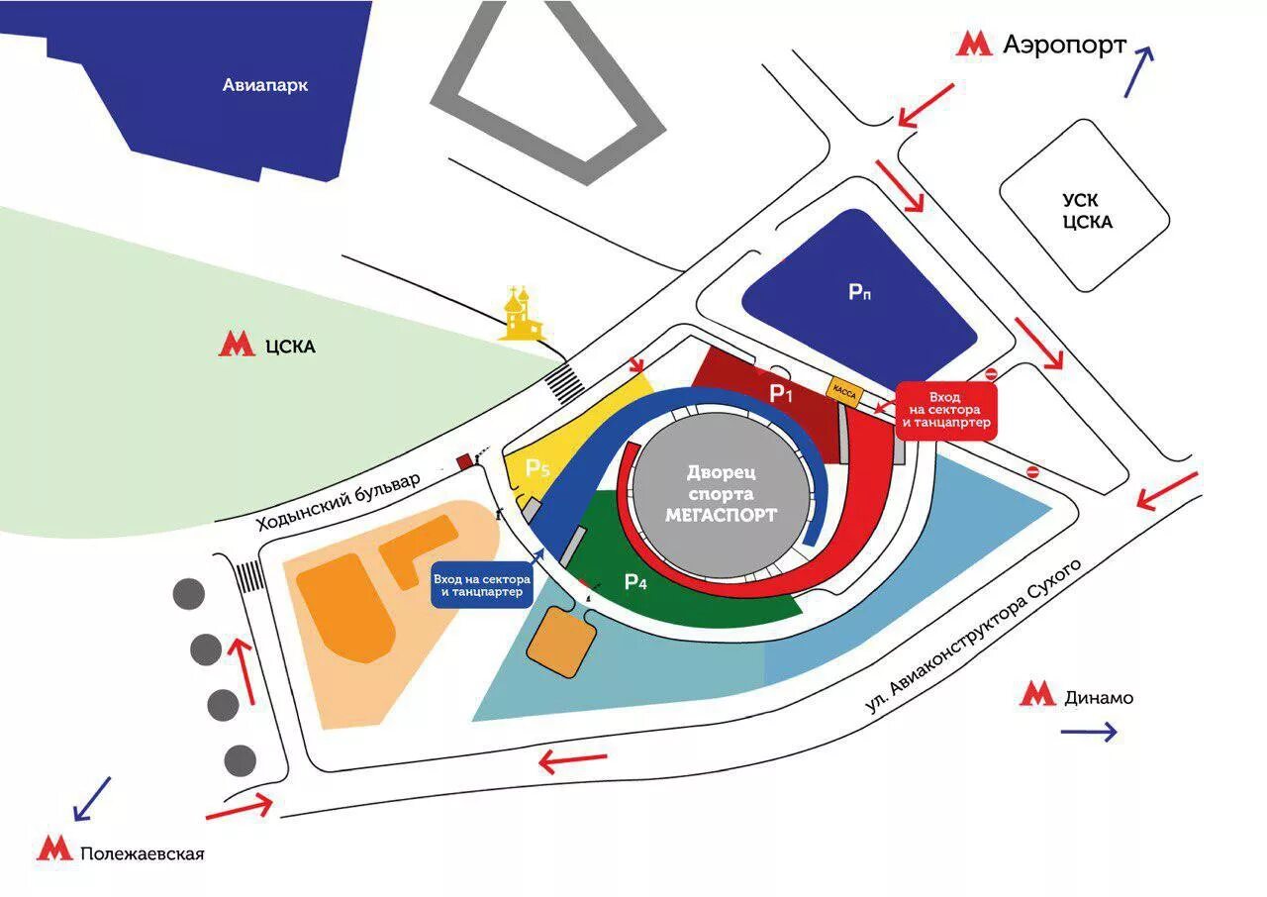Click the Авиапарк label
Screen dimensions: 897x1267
[265, 85]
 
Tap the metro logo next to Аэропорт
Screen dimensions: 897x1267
[974, 44]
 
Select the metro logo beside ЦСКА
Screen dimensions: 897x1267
[237, 346]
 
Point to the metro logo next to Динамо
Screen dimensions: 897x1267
[1038, 695]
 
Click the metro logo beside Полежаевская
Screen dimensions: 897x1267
[54, 849]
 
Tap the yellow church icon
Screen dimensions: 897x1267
[521, 315]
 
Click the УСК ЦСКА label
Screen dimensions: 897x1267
[1086, 210]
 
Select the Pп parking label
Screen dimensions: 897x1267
[859, 292]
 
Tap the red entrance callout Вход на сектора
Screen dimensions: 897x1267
[945, 412]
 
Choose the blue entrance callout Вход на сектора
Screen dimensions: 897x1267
[482, 585]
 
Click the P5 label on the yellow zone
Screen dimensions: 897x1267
[537, 468]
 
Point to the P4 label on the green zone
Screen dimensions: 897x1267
[635, 582]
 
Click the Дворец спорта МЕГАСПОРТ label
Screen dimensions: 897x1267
[721, 492]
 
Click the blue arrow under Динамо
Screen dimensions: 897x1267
[1088, 733]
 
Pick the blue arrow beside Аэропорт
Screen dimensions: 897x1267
[1138, 71]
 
